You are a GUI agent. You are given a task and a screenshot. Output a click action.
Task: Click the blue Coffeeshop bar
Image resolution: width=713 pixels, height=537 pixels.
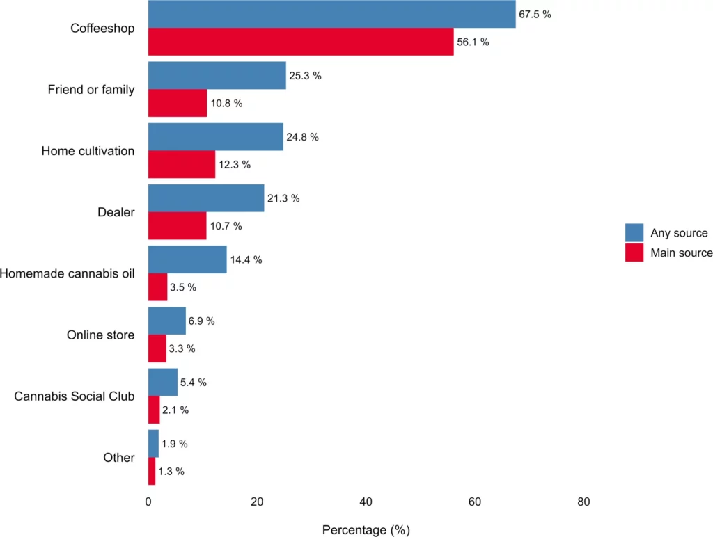coord(331,14)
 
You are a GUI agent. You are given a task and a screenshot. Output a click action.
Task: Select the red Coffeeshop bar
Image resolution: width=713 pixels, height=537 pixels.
coord(301,42)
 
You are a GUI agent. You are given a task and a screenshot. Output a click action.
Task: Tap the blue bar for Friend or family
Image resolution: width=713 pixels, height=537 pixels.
coord(217,75)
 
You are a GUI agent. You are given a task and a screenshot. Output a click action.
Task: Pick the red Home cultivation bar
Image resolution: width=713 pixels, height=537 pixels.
coord(182,164)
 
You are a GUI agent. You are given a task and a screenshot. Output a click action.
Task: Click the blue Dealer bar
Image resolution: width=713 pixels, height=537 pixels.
coord(206,198)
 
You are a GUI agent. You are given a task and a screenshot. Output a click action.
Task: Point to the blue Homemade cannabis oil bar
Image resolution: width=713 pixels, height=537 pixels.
coord(187,259)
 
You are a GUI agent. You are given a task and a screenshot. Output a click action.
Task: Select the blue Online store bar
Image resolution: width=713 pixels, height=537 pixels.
coord(167,321)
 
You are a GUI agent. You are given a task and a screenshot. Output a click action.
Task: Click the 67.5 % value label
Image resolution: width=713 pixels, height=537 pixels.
coord(535,15)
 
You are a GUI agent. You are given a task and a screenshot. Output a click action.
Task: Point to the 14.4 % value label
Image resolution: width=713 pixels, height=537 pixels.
coord(246,259)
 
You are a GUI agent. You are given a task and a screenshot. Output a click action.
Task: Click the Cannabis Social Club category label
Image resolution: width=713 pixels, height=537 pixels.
coord(75,396)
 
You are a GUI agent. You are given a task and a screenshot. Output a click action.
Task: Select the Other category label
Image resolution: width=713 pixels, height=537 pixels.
coord(119,458)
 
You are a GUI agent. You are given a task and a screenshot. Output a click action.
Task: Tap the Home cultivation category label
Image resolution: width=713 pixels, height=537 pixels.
coord(88,151)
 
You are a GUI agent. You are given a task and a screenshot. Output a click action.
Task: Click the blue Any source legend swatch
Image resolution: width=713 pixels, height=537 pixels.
coord(634,233)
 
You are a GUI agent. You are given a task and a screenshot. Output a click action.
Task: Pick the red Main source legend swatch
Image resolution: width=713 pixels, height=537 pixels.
coord(634,253)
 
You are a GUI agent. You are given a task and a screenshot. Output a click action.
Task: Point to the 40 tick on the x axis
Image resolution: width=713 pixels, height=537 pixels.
coord(366,502)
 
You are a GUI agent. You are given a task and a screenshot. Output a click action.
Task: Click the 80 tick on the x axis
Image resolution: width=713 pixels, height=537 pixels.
coord(583,502)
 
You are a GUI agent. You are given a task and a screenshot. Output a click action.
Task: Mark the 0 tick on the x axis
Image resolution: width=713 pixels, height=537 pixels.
coord(148,502)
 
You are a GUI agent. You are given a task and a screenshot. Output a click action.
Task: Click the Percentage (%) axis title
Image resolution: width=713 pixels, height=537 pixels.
coord(366,530)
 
